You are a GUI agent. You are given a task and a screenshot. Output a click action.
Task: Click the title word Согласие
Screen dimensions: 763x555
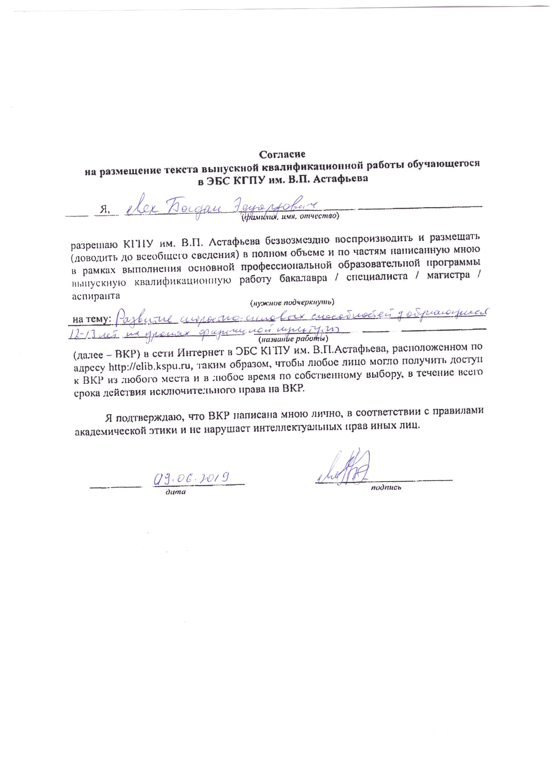282,154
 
